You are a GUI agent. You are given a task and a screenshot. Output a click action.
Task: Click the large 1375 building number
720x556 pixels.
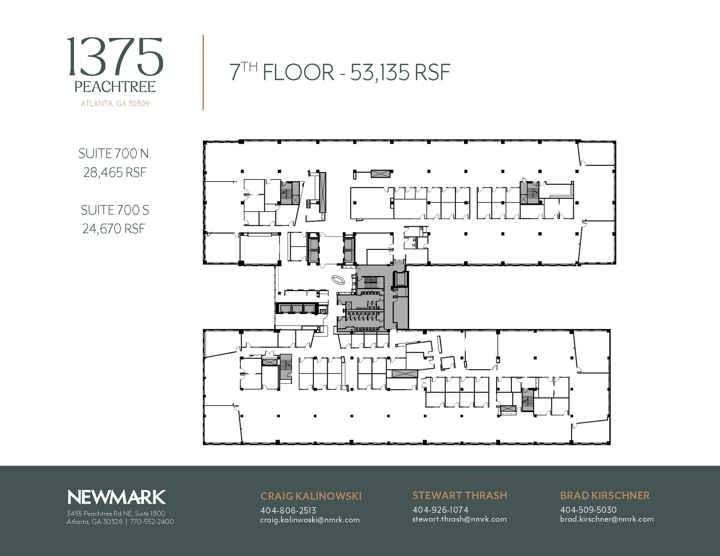[115, 58]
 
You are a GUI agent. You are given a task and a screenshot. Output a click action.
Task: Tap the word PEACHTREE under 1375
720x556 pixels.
[115, 87]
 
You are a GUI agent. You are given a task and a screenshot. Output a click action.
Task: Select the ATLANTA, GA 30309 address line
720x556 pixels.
[115, 104]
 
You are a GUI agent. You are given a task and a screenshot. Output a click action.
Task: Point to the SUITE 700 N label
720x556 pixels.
[114, 153]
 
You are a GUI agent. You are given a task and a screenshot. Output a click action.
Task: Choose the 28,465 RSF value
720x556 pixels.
[115, 172]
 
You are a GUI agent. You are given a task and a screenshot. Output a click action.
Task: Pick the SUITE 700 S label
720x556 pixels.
[115, 210]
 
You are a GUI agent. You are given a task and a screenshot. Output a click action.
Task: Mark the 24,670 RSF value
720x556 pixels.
[114, 229]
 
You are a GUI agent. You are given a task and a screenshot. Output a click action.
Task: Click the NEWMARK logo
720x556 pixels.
[116, 497]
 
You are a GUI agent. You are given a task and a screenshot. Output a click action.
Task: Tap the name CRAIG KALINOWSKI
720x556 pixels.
[311, 496]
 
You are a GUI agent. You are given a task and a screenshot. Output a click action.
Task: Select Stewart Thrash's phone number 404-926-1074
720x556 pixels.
[440, 510]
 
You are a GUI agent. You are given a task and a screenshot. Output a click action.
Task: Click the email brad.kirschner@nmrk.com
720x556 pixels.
[606, 519]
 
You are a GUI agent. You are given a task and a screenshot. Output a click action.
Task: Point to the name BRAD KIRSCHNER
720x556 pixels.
[605, 495]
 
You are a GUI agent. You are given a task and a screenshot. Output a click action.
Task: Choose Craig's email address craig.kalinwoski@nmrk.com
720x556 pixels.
[310, 520]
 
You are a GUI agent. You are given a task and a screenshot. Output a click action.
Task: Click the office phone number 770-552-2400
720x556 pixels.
[152, 522]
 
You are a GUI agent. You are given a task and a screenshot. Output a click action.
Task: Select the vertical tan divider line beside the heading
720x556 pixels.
[203, 73]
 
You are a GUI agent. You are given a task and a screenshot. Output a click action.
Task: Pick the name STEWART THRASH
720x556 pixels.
[459, 495]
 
